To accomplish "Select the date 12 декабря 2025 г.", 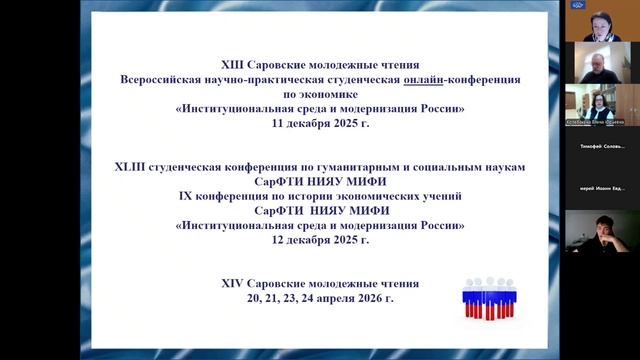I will [x=320, y=241].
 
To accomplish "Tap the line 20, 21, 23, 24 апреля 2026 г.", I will [x=320, y=298].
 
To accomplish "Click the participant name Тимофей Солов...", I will [x=602, y=146].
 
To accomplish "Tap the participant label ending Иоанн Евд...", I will [x=602, y=189].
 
